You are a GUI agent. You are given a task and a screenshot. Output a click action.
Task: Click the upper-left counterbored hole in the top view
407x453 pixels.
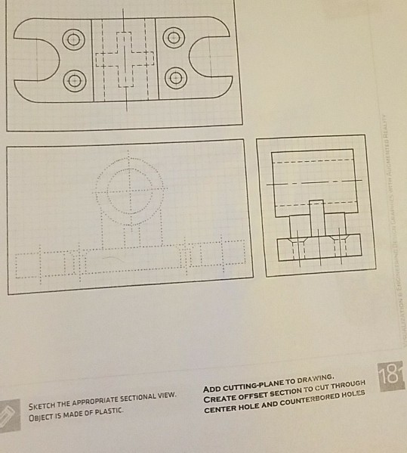pyautogui.click(x=73, y=39)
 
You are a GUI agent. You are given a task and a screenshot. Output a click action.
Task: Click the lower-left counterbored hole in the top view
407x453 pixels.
pyautogui.click(x=73, y=78)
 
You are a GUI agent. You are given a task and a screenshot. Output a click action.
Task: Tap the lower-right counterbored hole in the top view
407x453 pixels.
pyautogui.click(x=174, y=76)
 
